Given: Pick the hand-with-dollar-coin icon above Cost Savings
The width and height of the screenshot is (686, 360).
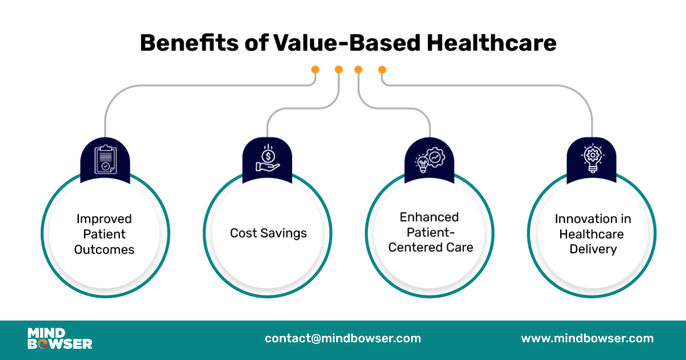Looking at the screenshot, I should pyautogui.click(x=268, y=159).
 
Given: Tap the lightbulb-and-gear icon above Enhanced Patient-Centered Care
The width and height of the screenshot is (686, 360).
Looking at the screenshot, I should pyautogui.click(x=430, y=159).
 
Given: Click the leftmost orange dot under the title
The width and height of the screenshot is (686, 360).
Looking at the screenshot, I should pyautogui.click(x=315, y=70).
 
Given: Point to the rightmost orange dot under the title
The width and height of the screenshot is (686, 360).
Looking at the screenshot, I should pyautogui.click(x=382, y=70).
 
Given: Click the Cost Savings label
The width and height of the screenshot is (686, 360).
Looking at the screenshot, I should pyautogui.click(x=268, y=233).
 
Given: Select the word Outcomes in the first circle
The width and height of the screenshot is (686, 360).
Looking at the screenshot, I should pyautogui.click(x=104, y=250).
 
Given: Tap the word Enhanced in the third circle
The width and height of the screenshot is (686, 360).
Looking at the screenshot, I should pyautogui.click(x=429, y=217).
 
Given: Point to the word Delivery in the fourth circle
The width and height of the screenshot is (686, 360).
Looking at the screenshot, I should pyautogui.click(x=592, y=250).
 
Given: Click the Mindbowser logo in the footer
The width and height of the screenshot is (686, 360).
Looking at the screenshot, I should pyautogui.click(x=59, y=338).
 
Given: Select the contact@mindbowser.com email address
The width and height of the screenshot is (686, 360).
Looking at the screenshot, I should pyautogui.click(x=342, y=338).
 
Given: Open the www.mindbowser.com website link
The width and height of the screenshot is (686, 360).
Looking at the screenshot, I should pyautogui.click(x=587, y=338).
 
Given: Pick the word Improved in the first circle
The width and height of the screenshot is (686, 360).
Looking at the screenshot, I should pyautogui.click(x=104, y=219).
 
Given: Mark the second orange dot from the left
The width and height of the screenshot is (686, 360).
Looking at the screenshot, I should pyautogui.click(x=338, y=70).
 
